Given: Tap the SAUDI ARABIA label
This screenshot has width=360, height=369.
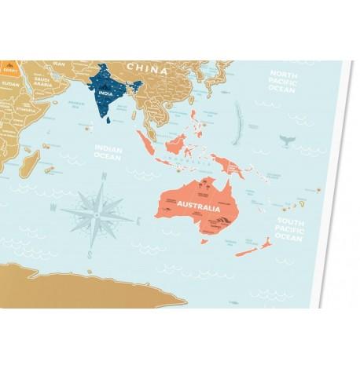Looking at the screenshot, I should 39,82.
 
